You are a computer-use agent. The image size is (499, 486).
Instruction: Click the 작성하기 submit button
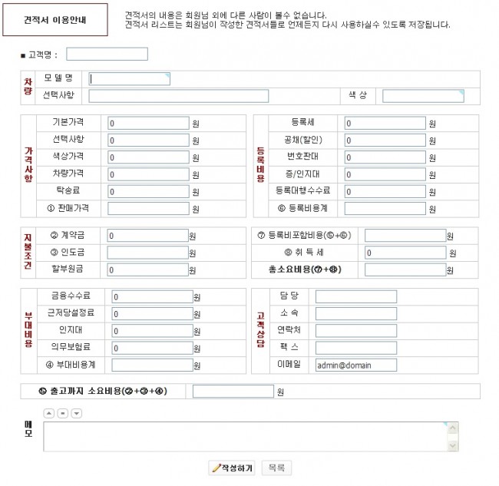[x=233, y=468]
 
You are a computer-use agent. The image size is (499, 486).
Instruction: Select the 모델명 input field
[x=129, y=78]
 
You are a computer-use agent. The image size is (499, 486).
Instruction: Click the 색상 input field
[x=423, y=96]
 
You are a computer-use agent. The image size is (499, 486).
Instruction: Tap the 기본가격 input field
[x=147, y=123]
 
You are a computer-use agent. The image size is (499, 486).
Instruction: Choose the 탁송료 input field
[x=147, y=191]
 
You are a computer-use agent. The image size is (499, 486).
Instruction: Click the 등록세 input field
[x=385, y=123]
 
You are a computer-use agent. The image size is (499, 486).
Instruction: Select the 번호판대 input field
[x=385, y=157]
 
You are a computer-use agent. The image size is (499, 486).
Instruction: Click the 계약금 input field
[x=147, y=236]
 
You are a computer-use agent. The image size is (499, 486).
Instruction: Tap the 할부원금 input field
[x=147, y=269]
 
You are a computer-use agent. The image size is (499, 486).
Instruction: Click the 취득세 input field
[x=405, y=253]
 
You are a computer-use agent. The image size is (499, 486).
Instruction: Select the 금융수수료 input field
[x=151, y=296]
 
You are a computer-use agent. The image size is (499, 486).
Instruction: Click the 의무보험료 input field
[x=151, y=348]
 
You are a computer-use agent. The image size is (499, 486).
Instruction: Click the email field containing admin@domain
[x=355, y=365]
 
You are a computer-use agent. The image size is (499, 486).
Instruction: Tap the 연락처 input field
[x=355, y=331]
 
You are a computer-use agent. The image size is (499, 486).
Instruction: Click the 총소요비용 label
[x=304, y=269]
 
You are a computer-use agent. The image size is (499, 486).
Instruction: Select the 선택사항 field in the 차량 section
[x=178, y=96]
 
